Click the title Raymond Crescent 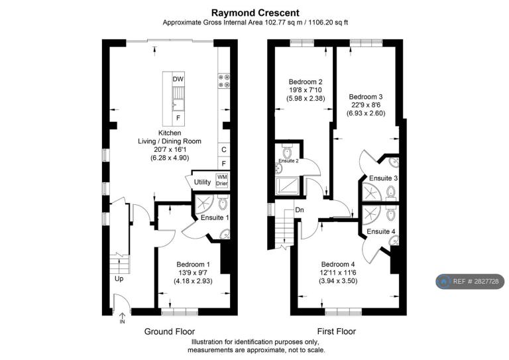255,13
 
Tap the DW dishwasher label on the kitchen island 178,79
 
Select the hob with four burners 224,81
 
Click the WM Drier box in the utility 222,180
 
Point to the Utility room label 202,182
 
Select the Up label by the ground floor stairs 119,279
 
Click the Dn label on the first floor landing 300,210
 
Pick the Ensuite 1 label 215,217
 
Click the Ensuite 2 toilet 287,150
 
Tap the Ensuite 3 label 383,178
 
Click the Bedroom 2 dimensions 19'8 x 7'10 306,90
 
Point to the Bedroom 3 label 366,97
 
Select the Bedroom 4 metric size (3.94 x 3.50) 338,281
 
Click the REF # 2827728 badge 470,282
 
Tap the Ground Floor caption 170,331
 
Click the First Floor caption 336,331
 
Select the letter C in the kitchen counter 223,150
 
